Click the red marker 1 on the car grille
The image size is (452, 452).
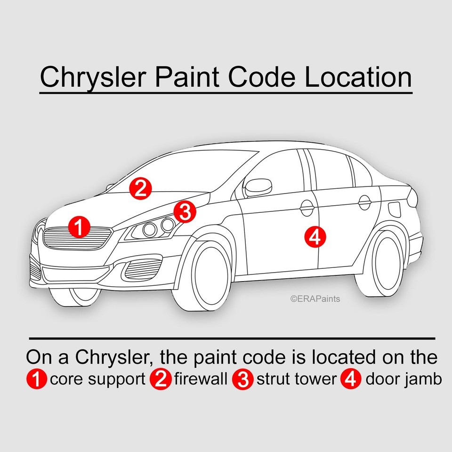point(79,227)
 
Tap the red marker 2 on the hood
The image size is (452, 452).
point(140,188)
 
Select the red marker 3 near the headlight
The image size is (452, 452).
point(185,211)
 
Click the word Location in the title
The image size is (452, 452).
point(358,77)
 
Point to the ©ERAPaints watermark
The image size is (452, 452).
point(315,299)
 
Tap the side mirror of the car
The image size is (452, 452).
point(258,187)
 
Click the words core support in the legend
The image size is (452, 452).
point(97,379)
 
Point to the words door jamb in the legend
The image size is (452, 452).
point(404,379)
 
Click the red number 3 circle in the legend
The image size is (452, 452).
point(243,380)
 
